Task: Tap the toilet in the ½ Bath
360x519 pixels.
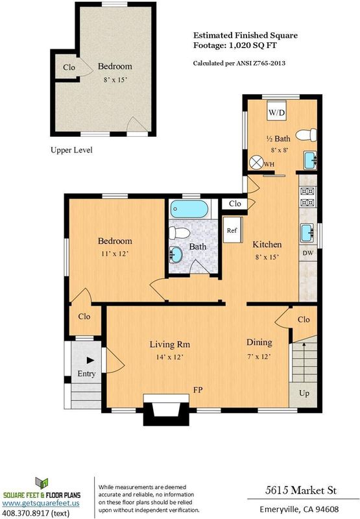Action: (x=306, y=135)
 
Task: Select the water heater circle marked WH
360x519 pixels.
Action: (x=256, y=163)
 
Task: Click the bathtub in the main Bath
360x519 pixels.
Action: (x=189, y=209)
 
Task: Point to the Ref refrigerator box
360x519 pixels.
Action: (x=233, y=230)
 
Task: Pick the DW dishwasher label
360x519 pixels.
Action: (x=307, y=253)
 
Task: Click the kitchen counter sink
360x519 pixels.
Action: (x=307, y=232)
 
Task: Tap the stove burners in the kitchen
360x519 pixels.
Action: (x=307, y=197)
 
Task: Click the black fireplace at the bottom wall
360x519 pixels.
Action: (x=166, y=409)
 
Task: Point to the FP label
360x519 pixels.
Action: (x=198, y=390)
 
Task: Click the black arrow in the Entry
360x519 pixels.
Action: (x=90, y=360)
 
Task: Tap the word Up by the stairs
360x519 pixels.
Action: (x=304, y=393)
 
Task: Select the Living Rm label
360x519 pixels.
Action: (x=170, y=344)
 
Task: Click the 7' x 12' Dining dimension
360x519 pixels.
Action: (x=259, y=356)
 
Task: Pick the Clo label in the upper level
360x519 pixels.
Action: (x=69, y=67)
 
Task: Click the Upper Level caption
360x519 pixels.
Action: (x=71, y=150)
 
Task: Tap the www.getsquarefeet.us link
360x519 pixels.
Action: (x=41, y=503)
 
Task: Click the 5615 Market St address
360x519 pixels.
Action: (x=301, y=490)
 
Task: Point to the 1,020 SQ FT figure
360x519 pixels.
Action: (x=253, y=45)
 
